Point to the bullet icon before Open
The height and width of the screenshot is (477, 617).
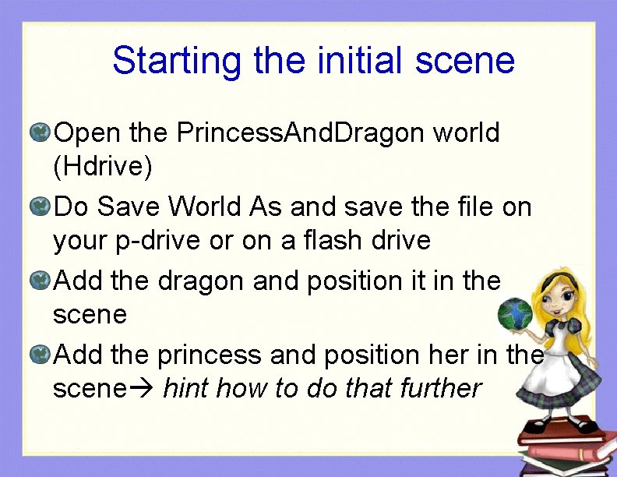click(x=40, y=132)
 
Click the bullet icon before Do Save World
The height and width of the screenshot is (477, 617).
click(x=40, y=207)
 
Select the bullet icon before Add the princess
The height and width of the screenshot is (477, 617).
click(x=40, y=355)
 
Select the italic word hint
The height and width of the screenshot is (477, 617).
click(x=186, y=387)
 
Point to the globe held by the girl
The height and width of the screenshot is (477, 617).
click(x=515, y=314)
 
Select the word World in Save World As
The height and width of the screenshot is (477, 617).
click(x=205, y=207)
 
